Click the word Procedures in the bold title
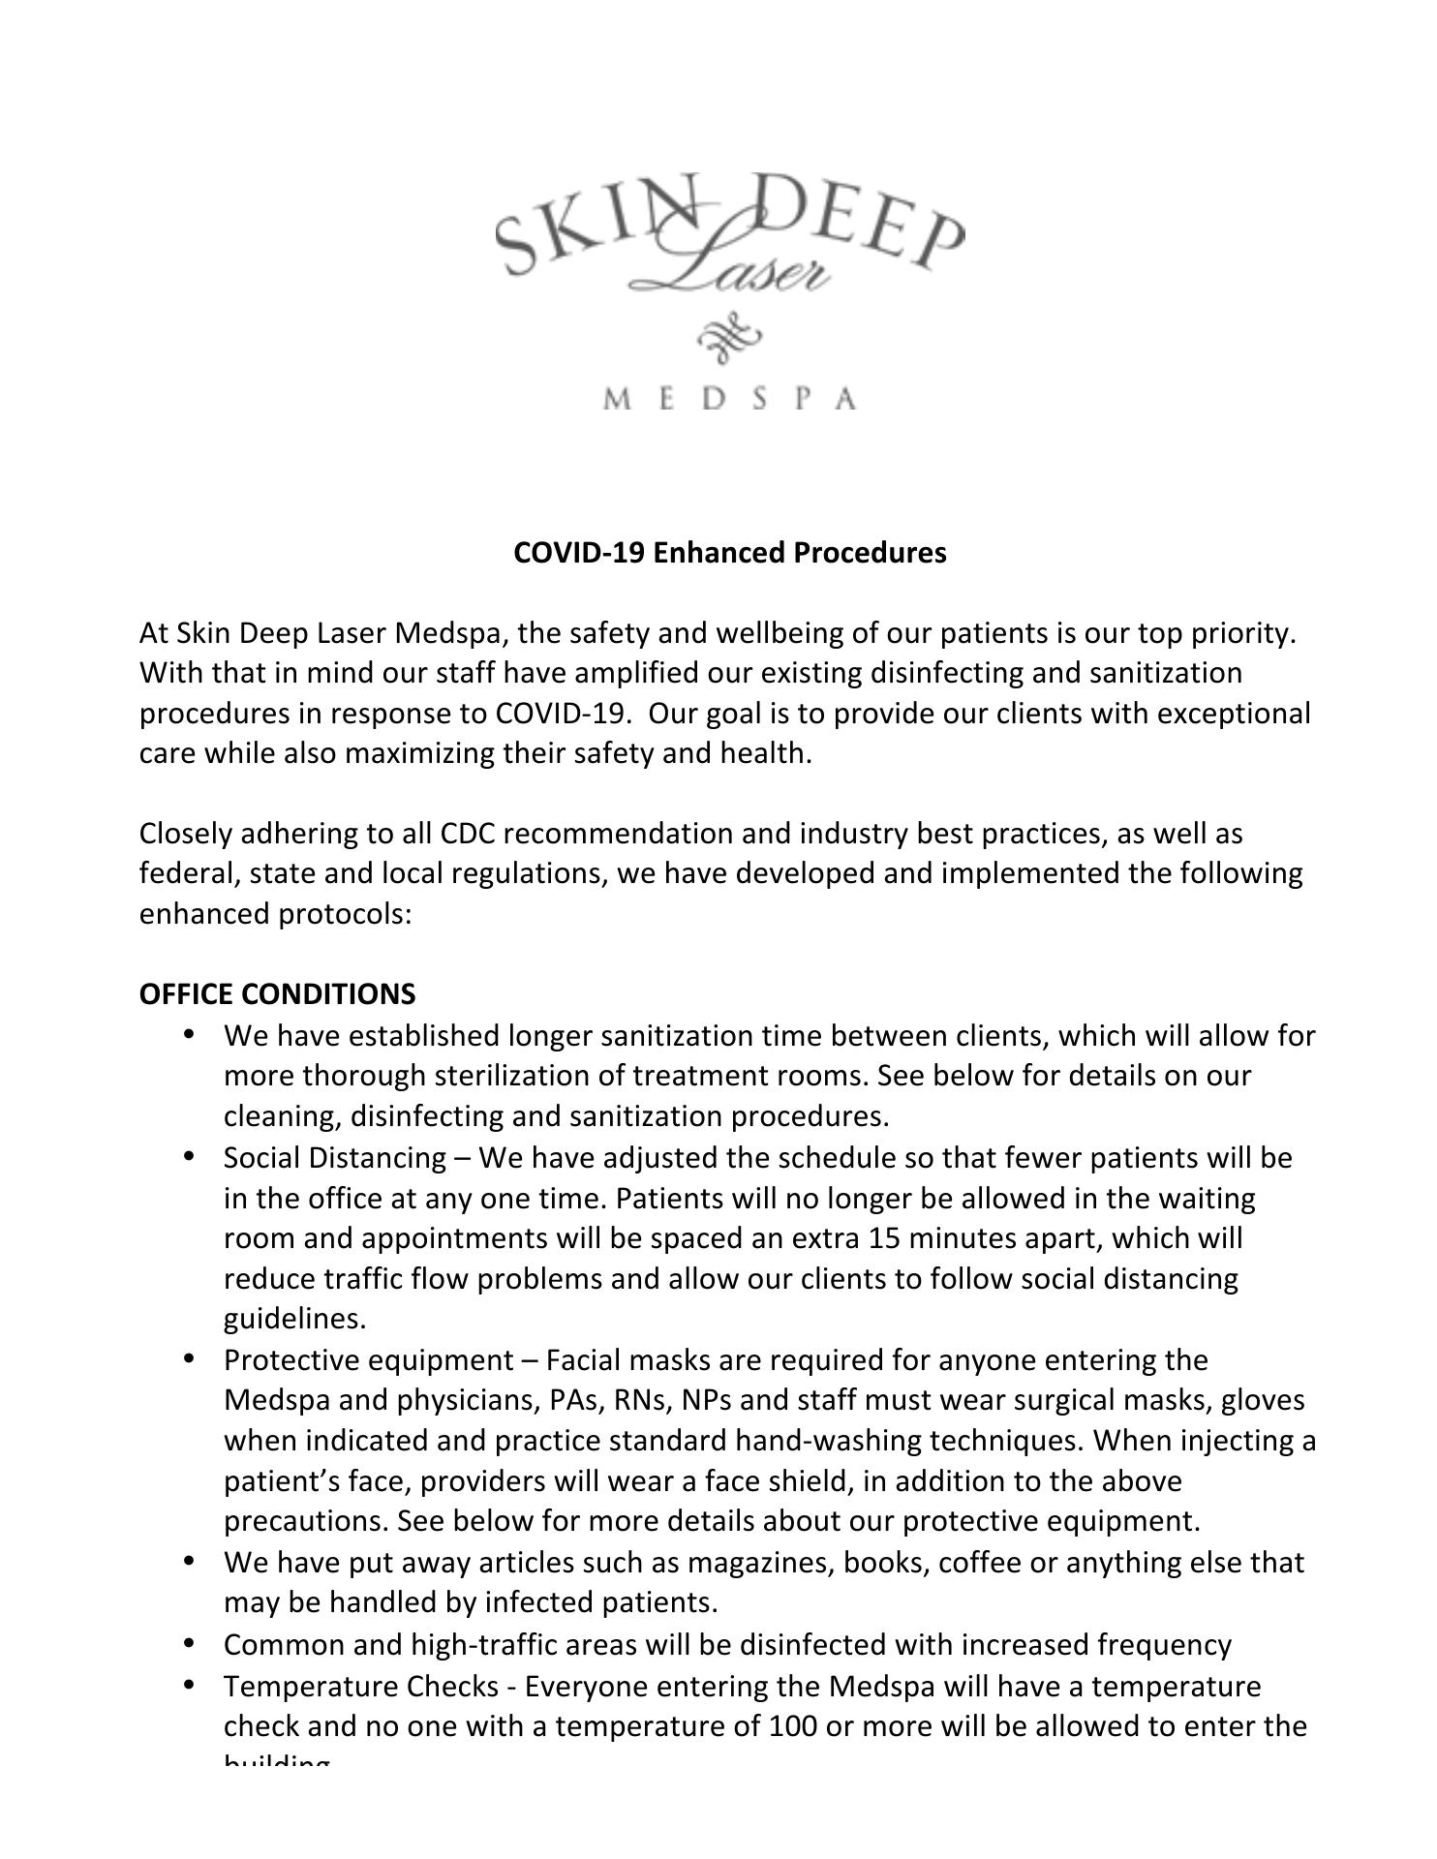point(870,553)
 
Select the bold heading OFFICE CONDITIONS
point(277,994)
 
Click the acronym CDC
point(468,834)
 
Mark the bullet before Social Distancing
point(190,1156)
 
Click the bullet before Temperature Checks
point(190,1685)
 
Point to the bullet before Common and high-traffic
point(190,1643)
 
